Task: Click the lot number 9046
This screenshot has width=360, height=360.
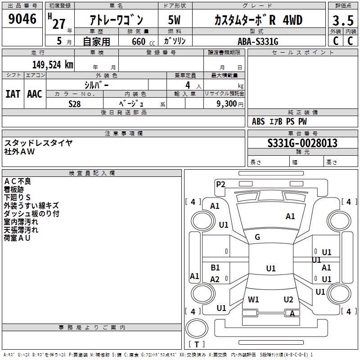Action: (x=22, y=19)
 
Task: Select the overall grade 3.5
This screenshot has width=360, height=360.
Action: (x=343, y=21)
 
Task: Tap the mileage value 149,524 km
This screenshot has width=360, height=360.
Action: (x=53, y=65)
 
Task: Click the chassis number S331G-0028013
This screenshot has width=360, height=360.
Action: (x=302, y=143)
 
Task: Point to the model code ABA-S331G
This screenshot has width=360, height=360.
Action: (x=258, y=41)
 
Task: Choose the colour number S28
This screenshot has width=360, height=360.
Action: (x=74, y=103)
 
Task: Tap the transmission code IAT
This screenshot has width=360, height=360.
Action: (x=13, y=94)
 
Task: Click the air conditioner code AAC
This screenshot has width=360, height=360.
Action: (x=35, y=94)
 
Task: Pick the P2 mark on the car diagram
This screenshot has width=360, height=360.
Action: (x=220, y=184)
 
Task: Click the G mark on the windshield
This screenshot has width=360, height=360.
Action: (x=257, y=237)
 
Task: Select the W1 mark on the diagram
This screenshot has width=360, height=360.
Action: (x=254, y=299)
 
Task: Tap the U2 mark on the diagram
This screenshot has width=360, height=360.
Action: (x=288, y=299)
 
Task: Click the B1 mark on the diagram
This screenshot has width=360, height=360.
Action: (x=216, y=268)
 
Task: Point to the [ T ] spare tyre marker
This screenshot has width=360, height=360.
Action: (x=197, y=344)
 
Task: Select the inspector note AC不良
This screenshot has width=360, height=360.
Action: (x=18, y=181)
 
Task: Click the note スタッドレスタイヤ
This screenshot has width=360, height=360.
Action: (x=38, y=143)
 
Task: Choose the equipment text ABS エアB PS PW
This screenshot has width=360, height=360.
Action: (x=279, y=121)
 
